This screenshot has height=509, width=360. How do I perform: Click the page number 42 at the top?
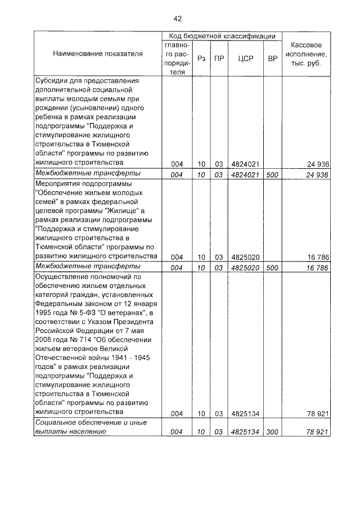177,19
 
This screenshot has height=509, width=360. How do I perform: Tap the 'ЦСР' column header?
244,58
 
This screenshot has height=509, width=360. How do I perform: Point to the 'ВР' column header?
272,58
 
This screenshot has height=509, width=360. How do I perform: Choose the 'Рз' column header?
201,58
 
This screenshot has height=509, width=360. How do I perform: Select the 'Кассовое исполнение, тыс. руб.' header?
307,54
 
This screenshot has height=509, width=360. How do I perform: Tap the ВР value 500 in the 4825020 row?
272,268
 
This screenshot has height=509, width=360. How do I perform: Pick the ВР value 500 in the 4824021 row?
272,174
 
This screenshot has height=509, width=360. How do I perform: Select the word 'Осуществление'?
64,277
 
